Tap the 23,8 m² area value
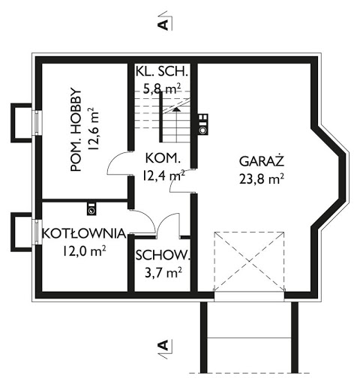coord(262,178)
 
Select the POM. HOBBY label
coord(76,130)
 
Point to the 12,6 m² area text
coord(93,129)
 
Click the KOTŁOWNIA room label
coord(84,233)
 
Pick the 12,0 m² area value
coord(84,251)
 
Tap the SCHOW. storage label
coord(163,255)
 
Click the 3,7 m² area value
coord(163,272)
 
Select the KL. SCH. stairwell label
coord(161,71)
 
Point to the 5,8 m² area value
coord(162,88)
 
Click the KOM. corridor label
coord(163,158)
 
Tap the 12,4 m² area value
coord(163,175)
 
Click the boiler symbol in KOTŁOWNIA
coord(91,209)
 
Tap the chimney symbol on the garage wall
coord(202,124)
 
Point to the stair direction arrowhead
coord(176,109)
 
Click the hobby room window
coord(37,123)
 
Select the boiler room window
coord(37,232)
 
